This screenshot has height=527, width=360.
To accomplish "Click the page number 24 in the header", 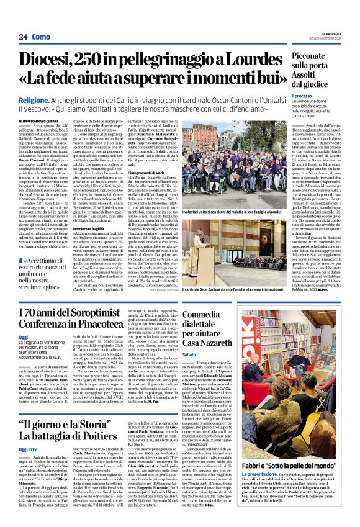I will [23, 37].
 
